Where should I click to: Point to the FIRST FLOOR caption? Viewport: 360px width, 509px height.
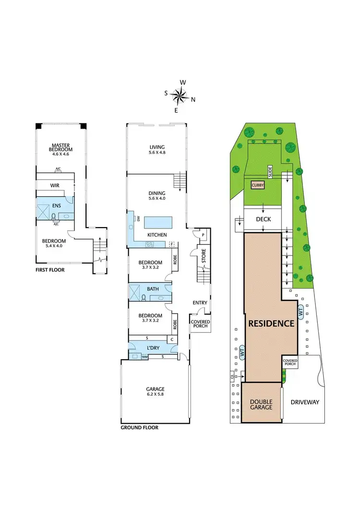pyautogui.click(x=50, y=270)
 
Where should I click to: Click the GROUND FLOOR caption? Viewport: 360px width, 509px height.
pyautogui.click(x=139, y=427)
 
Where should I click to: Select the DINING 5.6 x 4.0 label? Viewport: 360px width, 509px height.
pyautogui.click(x=157, y=196)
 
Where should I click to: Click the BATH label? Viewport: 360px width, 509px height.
pyautogui.click(x=153, y=289)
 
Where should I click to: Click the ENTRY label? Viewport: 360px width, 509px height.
pyautogui.click(x=199, y=303)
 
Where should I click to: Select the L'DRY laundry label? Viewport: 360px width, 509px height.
pyautogui.click(x=153, y=348)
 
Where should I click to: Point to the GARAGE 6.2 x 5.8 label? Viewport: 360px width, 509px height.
pyautogui.click(x=155, y=392)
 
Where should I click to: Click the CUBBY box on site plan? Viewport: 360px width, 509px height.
pyautogui.click(x=257, y=184)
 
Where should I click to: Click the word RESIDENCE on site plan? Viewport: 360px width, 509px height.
pyautogui.click(x=271, y=323)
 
